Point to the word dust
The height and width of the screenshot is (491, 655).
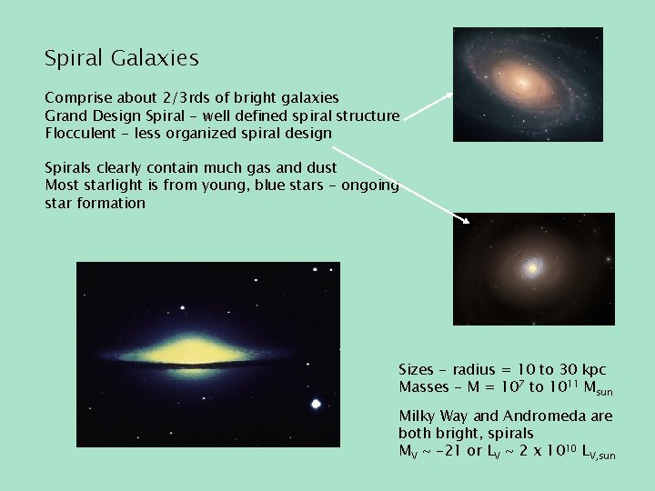(319, 167)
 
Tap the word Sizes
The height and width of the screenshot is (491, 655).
(417, 369)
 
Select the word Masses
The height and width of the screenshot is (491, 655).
(425, 387)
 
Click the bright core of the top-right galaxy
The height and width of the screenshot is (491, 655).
(525, 81)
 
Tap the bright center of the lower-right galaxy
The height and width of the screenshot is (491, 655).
(532, 269)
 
